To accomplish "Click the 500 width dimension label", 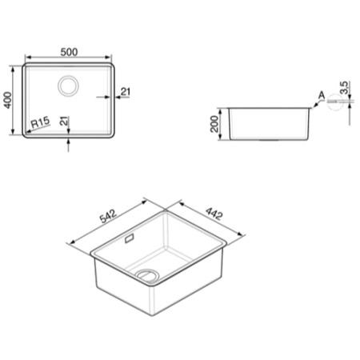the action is (x=69, y=52).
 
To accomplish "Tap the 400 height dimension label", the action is (x=7, y=100).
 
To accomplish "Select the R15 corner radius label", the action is (x=41, y=122).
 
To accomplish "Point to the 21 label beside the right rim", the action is (x=126, y=91).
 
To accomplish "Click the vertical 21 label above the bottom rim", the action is (x=64, y=121).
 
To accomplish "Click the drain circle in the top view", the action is (x=68, y=86).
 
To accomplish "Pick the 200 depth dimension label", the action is (x=214, y=124).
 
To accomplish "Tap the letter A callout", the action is (x=322, y=95).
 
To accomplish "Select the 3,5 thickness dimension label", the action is (x=345, y=87).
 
